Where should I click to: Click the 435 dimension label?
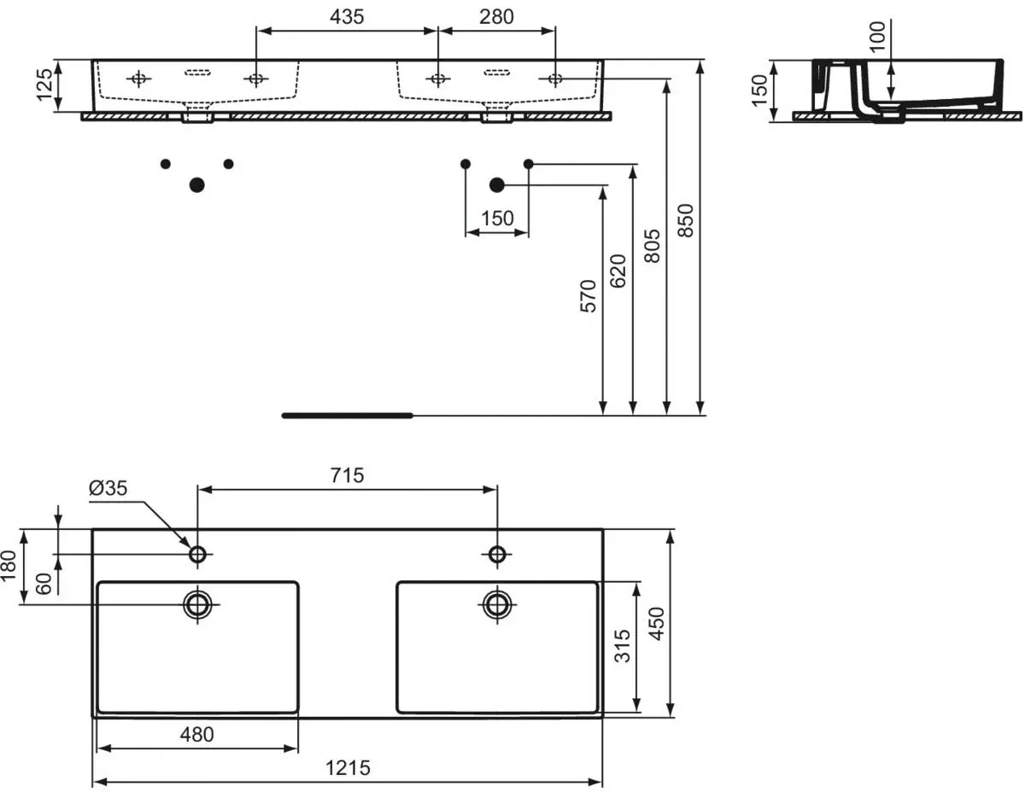(347, 17)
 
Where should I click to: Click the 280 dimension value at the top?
(496, 17)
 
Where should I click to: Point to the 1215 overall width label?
(348, 768)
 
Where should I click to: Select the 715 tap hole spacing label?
(347, 475)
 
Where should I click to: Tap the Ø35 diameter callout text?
(108, 488)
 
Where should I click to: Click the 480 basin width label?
(196, 734)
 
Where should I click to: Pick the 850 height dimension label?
(685, 220)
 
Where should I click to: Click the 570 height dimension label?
(589, 296)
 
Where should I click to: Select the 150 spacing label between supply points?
(497, 218)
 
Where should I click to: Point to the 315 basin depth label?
(623, 645)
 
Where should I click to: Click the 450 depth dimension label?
(657, 624)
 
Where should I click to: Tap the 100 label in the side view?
(878, 37)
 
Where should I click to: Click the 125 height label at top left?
(44, 84)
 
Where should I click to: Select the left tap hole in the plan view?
(197, 555)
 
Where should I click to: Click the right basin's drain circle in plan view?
(497, 604)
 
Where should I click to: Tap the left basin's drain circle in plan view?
(197, 604)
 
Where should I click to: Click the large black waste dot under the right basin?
(497, 185)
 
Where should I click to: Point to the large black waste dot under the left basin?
(196, 185)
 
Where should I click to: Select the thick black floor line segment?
(347, 415)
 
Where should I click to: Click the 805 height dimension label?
(652, 246)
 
